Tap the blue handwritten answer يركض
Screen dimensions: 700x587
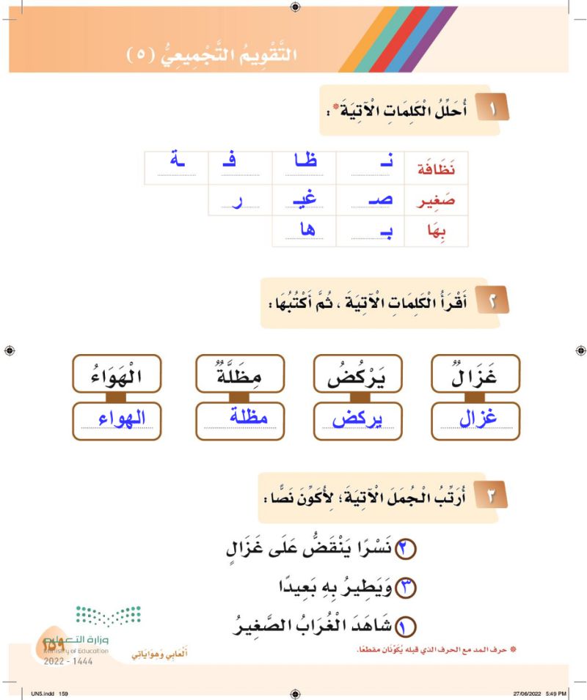pos(357,420)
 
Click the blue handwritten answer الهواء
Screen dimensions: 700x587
pos(117,420)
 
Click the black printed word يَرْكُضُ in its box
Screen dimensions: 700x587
pos(357,375)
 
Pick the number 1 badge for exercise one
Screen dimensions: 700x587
pos(494,111)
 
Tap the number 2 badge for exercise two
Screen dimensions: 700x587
pos(494,301)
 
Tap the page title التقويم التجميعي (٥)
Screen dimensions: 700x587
pos(214,54)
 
